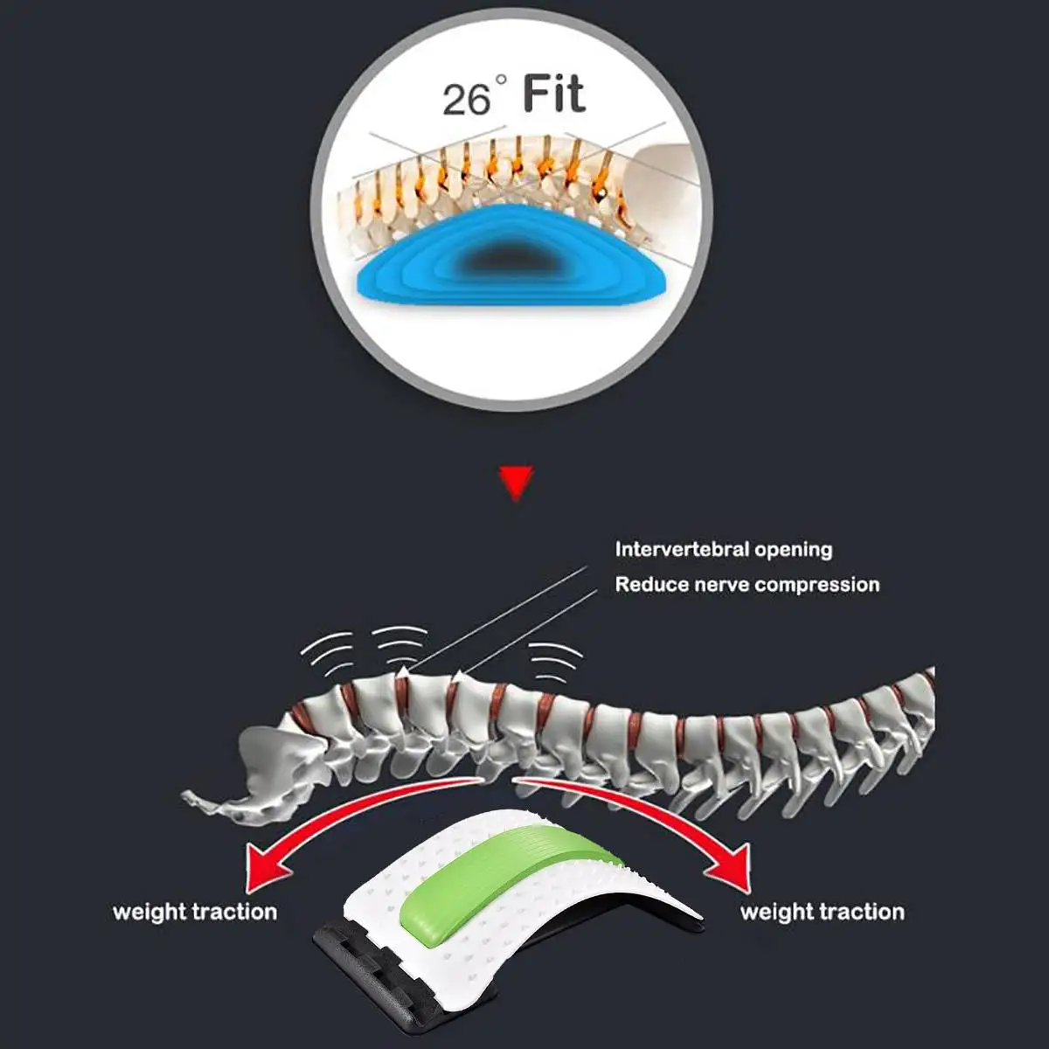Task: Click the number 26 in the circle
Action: (x=466, y=99)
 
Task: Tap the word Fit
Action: (x=554, y=94)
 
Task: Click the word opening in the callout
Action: (x=794, y=550)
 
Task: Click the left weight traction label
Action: (x=195, y=913)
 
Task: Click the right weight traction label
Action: (x=823, y=913)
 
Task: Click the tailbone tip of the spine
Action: (x=189, y=797)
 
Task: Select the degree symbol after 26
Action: (x=501, y=81)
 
